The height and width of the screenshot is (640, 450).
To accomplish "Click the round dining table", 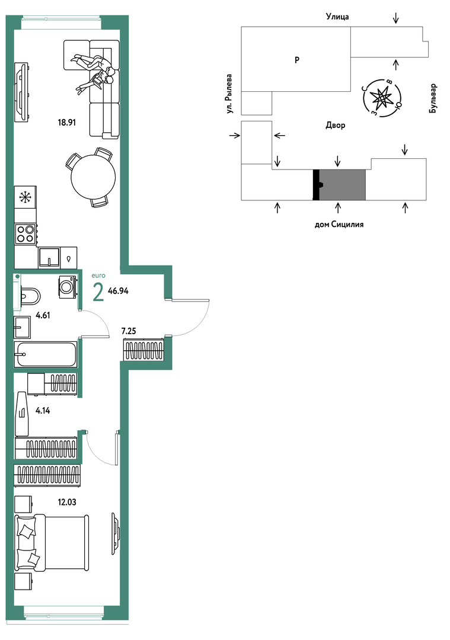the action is [x=93, y=178].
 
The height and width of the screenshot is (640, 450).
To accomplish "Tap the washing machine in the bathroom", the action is [x=68, y=287].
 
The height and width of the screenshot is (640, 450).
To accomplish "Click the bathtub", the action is [x=45, y=354].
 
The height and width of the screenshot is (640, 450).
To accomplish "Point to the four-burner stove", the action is [x=25, y=234].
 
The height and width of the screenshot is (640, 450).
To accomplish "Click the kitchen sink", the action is [x=49, y=257].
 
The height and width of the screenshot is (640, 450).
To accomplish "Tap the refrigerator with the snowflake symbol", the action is [x=25, y=197].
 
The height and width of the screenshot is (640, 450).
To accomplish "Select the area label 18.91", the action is [x=67, y=122].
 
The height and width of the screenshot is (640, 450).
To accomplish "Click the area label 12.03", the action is [x=67, y=502].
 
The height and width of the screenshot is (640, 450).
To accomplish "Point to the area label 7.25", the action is [x=129, y=331].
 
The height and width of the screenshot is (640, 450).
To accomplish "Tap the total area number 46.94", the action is [x=119, y=291].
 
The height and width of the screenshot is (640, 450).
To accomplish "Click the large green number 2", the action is [x=98, y=292].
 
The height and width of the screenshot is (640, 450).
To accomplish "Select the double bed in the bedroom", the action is [x=52, y=542].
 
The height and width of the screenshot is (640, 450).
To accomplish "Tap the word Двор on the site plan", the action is [x=335, y=125].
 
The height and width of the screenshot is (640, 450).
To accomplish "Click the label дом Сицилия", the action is [x=339, y=224].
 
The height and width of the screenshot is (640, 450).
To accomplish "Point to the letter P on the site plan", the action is [x=297, y=60].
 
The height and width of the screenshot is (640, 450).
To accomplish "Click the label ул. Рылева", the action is [x=230, y=94].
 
